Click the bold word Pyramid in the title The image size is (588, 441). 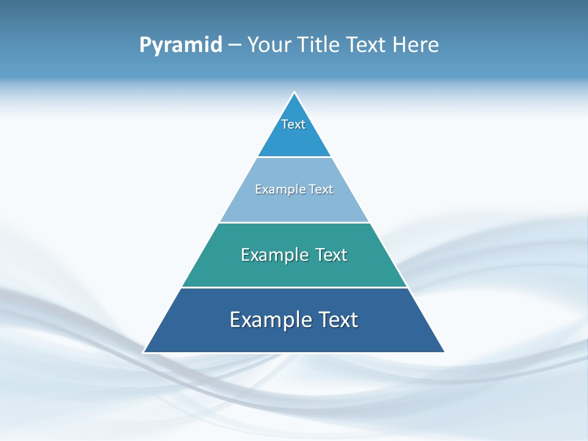181,45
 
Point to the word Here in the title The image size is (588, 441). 416,45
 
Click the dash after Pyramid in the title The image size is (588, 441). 235,45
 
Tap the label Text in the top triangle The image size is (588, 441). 293,124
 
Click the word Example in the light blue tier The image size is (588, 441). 278,189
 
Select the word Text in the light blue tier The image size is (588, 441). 321,189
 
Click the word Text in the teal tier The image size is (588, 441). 331,255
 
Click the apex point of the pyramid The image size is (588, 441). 295,93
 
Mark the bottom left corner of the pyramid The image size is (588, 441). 145,352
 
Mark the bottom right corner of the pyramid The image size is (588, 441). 444,352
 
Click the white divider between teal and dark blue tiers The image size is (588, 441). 294,287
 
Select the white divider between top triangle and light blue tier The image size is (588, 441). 294,157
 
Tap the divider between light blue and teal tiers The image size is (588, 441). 294,222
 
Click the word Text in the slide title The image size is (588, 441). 366,45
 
